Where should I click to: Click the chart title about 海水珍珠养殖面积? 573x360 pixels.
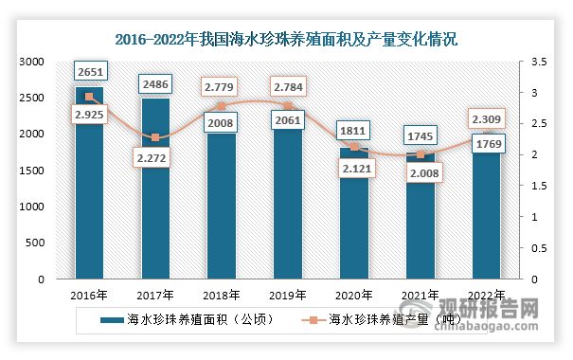tap(286, 40)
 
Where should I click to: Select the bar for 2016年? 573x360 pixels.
tap(89, 189)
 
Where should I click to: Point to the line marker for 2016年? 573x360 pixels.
tap(89, 98)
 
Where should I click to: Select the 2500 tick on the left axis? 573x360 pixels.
tap(32, 98)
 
